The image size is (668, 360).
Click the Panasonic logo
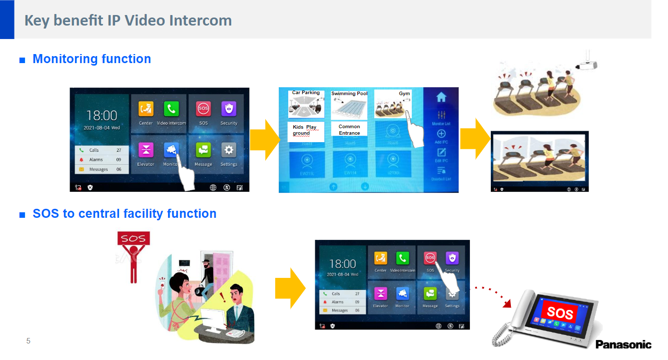point(623,344)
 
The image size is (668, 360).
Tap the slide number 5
point(29,341)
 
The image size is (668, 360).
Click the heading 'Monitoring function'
point(92,59)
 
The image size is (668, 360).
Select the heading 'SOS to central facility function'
point(124,214)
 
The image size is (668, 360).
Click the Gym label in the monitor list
point(404,94)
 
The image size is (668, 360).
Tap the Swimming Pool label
point(349,94)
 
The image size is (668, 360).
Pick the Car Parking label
point(306,93)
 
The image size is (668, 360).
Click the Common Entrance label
point(349,130)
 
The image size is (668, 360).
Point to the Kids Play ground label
point(305,130)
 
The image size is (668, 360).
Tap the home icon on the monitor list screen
point(441,98)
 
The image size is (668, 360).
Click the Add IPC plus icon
point(441,134)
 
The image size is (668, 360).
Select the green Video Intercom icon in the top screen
point(171,108)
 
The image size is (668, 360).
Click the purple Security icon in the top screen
point(229,108)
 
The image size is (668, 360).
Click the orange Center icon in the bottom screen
point(380,258)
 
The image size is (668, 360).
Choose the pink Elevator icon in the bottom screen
point(380,293)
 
